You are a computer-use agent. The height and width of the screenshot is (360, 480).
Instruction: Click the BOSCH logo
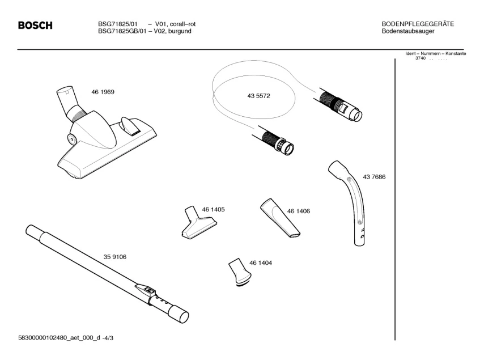pyautogui.click(x=35, y=26)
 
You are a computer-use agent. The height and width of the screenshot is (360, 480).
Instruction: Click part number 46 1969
pyautogui.click(x=103, y=92)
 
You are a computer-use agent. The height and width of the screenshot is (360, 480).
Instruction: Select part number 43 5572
pyautogui.click(x=258, y=96)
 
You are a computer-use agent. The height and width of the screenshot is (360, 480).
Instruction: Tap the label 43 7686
pyautogui.click(x=374, y=177)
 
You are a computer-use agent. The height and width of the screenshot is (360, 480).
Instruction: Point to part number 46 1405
pyautogui.click(x=214, y=209)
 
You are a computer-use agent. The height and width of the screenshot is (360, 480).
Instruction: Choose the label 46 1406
pyautogui.click(x=299, y=211)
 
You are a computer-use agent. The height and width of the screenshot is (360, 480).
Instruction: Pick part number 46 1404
pyautogui.click(x=261, y=262)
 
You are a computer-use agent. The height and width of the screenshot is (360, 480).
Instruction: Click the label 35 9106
pyautogui.click(x=114, y=257)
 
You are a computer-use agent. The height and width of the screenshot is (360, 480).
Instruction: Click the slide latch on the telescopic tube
pyautogui.click(x=148, y=289)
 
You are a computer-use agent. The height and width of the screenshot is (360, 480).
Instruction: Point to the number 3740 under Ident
pyautogui.click(x=420, y=58)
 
